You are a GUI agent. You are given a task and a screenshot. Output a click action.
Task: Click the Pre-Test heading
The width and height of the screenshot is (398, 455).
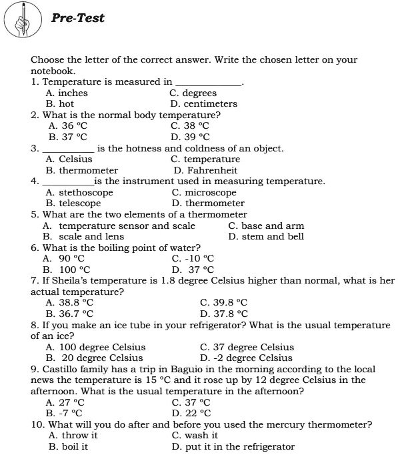click(x=78, y=19)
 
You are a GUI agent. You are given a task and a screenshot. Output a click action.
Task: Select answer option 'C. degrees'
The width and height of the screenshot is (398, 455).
click(x=193, y=93)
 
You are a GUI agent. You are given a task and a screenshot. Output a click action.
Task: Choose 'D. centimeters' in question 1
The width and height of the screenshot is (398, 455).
click(x=203, y=104)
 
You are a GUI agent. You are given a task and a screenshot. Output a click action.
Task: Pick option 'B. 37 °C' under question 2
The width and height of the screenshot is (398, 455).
click(x=68, y=137)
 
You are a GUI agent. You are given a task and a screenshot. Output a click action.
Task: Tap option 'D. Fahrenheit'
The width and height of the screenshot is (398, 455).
click(x=205, y=170)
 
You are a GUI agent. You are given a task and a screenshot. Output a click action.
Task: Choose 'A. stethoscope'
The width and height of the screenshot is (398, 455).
click(x=79, y=192)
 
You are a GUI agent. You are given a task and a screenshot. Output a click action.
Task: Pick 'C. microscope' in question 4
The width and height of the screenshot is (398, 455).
click(x=204, y=192)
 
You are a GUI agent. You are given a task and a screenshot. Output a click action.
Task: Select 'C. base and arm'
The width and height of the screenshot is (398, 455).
click(x=266, y=225)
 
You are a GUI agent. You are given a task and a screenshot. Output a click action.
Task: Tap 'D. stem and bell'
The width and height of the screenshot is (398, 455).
click(x=266, y=236)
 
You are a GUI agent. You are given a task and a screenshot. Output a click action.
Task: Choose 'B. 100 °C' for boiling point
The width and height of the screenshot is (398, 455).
click(x=66, y=269)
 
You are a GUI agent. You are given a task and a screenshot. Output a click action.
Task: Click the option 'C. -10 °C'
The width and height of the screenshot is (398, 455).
click(x=193, y=258)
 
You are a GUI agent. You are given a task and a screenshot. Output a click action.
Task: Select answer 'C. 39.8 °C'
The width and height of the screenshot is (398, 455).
click(x=224, y=302)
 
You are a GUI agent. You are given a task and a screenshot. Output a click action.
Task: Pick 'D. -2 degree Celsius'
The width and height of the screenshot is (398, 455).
click(x=246, y=358)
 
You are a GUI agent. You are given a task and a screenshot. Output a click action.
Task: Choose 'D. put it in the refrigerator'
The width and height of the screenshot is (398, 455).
click(x=233, y=446)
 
